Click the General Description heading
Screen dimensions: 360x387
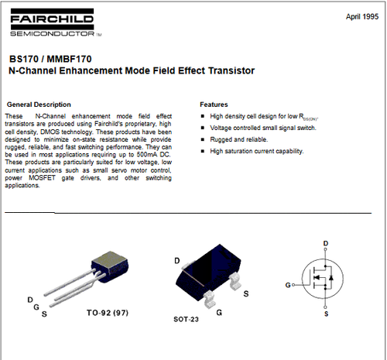click(39, 104)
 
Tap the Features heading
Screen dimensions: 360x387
click(214, 104)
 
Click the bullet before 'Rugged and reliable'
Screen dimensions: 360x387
click(203, 139)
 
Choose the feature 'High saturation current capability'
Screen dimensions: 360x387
click(257, 151)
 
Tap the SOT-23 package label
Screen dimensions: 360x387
click(185, 318)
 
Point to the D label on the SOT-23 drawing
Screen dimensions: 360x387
click(178, 260)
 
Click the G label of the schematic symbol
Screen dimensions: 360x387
click(288, 284)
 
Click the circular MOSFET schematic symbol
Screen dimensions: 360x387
click(320, 279)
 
